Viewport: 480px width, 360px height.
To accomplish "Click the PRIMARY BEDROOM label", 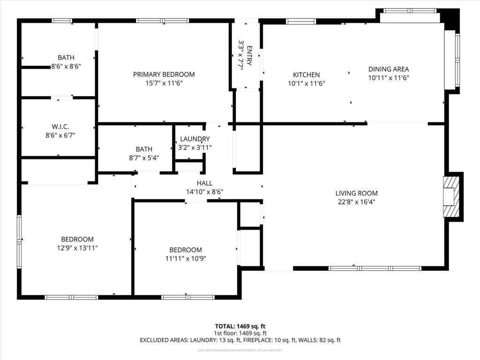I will (x=164, y=74).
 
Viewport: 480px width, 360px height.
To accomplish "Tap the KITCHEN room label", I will (x=306, y=75).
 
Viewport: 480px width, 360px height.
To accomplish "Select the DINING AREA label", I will (x=388, y=69).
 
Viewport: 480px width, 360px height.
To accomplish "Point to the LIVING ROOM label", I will (x=356, y=193).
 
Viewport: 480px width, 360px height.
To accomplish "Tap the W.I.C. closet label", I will (x=60, y=126).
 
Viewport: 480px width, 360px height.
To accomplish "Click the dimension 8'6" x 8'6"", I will (x=66, y=67).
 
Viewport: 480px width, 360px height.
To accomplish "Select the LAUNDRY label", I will (x=195, y=139).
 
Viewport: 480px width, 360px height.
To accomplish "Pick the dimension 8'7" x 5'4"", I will (x=144, y=157).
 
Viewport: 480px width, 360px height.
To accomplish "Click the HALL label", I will (x=204, y=183).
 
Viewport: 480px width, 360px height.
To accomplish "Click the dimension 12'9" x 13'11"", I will (x=77, y=247).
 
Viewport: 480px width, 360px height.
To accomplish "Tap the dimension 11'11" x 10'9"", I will (x=186, y=258).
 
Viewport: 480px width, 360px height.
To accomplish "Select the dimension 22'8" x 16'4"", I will (x=356, y=202).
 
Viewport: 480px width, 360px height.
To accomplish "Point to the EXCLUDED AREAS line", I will (x=240, y=340).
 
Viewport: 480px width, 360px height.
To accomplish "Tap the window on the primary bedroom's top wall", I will (x=162, y=21).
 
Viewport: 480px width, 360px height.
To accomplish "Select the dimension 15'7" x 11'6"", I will (x=164, y=83).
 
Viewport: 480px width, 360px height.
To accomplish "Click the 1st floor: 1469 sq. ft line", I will (x=240, y=333).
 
